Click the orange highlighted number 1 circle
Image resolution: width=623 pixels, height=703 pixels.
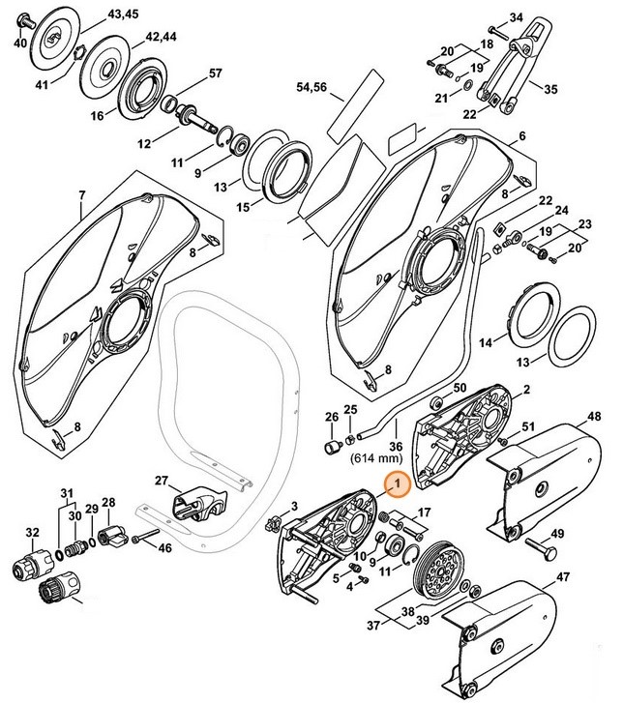(394, 489)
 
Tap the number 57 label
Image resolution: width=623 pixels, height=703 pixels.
(215, 73)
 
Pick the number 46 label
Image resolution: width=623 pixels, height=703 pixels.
(165, 548)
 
